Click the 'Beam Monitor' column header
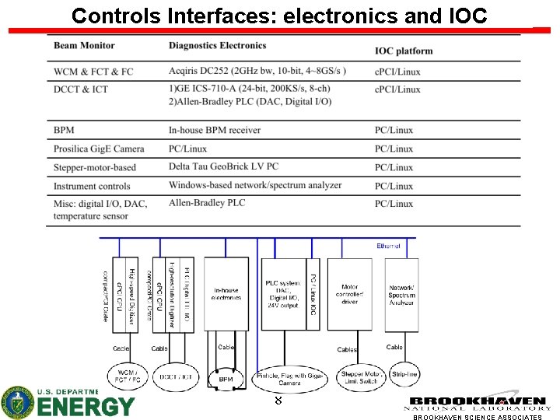click(x=84, y=46)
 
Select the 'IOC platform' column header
click(x=404, y=51)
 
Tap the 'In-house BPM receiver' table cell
click(x=215, y=130)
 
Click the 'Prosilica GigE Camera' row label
click(x=99, y=149)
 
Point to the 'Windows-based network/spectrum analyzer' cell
click(x=255, y=185)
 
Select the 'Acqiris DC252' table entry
click(x=257, y=72)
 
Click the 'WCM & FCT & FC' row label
click(x=93, y=72)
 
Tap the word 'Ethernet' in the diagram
click(x=389, y=246)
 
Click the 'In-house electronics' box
click(x=226, y=294)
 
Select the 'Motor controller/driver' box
click(x=350, y=294)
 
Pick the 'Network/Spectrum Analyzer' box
click(x=401, y=294)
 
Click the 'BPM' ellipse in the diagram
click(x=226, y=379)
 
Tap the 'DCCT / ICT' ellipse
click(x=175, y=377)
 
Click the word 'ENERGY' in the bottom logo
click(x=86, y=406)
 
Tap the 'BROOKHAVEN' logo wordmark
click(x=478, y=401)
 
